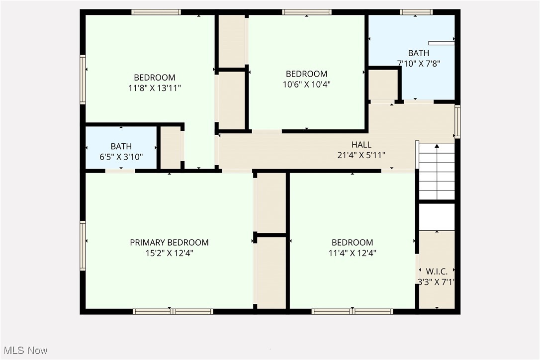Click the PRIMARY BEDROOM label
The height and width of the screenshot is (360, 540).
coord(169,242)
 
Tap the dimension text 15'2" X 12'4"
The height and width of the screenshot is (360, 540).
coord(169,253)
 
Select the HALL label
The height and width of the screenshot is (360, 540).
coord(361,144)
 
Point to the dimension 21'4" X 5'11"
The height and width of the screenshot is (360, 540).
coord(361,155)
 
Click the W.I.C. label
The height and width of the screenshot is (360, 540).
coord(437,271)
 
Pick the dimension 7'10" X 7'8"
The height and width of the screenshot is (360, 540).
coord(418,63)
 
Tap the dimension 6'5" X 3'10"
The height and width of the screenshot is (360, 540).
coord(121,157)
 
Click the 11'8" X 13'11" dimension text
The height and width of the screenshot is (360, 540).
coord(154,88)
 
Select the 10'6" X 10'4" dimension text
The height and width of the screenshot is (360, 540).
coord(306,85)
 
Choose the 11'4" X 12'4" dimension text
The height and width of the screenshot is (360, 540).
coord(352,253)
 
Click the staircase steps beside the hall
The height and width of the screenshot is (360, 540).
coord(437,172)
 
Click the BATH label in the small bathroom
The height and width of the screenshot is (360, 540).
coord(121,146)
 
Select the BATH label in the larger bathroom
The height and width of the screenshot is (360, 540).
coord(418,53)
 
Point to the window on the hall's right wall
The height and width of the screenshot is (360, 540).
coord(457,121)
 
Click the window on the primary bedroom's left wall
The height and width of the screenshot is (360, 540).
coord(83,246)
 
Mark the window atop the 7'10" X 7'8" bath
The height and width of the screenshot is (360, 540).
coord(416,12)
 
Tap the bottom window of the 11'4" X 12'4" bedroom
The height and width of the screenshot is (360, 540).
coord(352,312)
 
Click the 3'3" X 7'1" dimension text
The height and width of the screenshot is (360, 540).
coord(437,282)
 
